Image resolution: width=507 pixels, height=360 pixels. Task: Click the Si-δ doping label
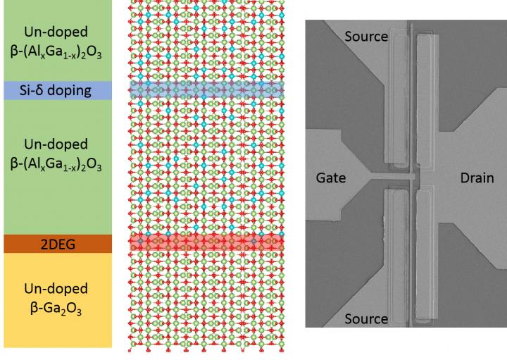[x=56, y=90]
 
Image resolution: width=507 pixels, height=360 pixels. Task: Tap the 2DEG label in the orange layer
[x=56, y=244]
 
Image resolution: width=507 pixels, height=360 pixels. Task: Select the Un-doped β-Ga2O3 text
[x=56, y=299]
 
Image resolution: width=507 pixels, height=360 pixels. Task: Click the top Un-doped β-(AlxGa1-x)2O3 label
[x=56, y=42]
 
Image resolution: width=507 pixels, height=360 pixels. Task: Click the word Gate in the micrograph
[x=330, y=178]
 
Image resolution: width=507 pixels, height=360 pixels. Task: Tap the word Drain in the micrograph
[x=477, y=178]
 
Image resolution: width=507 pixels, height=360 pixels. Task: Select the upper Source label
[x=366, y=36]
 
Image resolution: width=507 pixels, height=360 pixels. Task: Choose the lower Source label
[x=366, y=318]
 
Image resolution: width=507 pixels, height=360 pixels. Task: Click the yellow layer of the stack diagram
[x=56, y=331]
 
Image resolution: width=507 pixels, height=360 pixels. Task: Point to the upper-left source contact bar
[x=395, y=99]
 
